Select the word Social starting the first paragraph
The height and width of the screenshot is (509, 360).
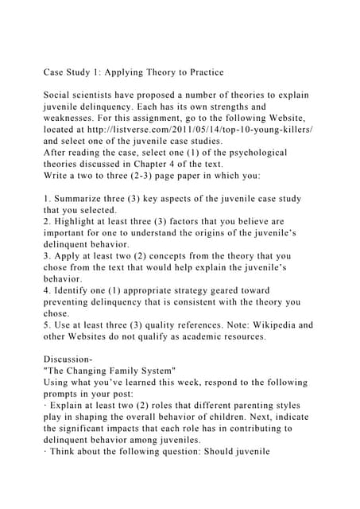60,95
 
